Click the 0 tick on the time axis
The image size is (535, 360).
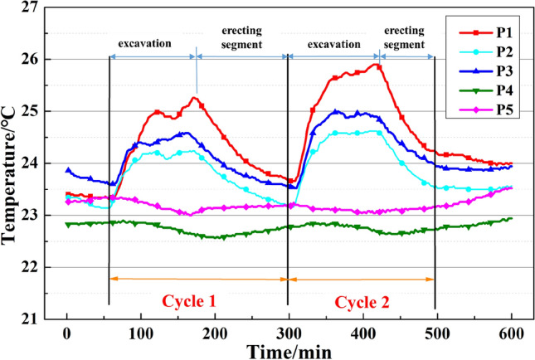point(66,331)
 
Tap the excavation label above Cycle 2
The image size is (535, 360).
point(333,42)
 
